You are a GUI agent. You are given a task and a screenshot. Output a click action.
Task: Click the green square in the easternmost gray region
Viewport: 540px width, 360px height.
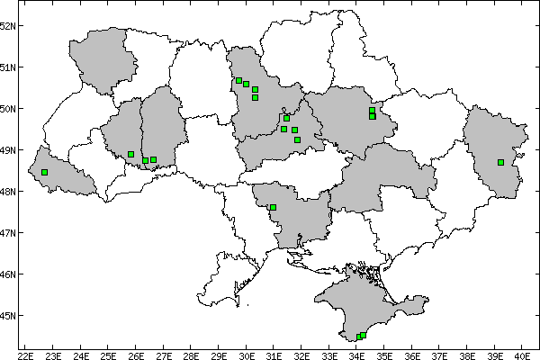click(500, 162)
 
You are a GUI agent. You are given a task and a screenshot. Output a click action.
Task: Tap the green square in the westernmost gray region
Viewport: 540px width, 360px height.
click(44, 172)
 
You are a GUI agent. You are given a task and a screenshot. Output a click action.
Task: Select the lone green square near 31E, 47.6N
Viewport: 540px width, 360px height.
click(273, 208)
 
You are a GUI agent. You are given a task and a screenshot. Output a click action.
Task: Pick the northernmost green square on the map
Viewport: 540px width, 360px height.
click(238, 81)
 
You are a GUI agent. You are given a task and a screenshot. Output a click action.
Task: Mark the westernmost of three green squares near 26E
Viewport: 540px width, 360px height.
click(131, 154)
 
